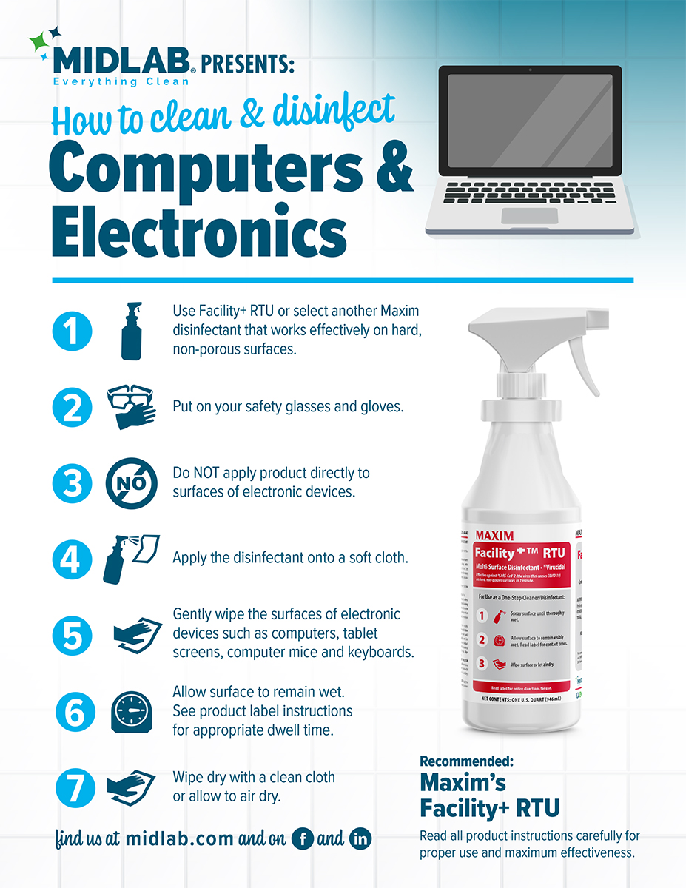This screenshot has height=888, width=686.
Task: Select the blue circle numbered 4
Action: point(72,559)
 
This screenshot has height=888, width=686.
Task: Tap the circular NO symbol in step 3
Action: point(132,483)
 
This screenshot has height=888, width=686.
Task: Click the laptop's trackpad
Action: point(529,215)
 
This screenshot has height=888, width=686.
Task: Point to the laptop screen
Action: point(530,119)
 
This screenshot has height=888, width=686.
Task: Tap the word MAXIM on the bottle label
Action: point(494,534)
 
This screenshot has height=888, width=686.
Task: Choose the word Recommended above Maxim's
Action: point(466,761)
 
